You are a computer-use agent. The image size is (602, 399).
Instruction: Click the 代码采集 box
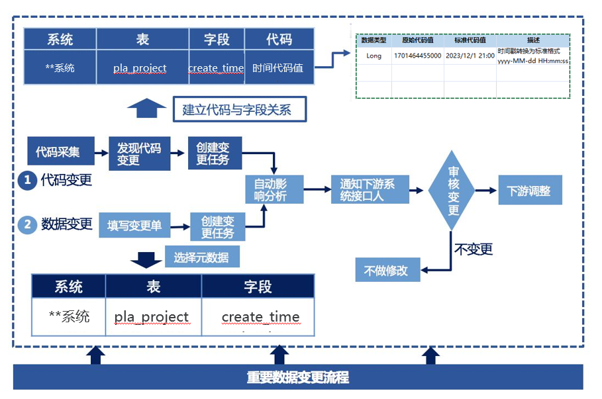point(58,152)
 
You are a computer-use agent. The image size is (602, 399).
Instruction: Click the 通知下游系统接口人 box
point(367,190)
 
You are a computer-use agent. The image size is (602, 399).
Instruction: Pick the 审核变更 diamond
point(453,191)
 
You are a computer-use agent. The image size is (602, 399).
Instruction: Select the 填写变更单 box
point(134,226)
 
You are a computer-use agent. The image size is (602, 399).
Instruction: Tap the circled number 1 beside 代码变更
point(26,180)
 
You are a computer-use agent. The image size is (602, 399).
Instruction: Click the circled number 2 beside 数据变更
point(27,225)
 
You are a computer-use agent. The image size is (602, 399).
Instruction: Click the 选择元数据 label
point(201,257)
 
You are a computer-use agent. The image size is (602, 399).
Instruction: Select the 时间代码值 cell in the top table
point(278,67)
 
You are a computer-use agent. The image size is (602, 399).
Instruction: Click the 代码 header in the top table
point(278,39)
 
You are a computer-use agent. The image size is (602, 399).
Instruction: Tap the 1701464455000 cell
point(417,56)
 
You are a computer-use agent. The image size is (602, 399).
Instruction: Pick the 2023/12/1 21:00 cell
point(470,56)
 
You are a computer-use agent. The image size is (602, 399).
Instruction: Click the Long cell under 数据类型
point(374,56)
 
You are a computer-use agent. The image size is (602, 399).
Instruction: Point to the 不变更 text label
point(473,249)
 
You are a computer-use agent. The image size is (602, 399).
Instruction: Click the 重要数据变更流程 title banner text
point(298,377)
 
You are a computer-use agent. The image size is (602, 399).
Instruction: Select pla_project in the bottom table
point(152,317)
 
